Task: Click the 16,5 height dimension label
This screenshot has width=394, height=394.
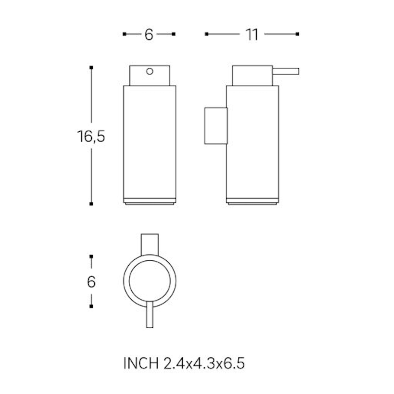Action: coord(91,137)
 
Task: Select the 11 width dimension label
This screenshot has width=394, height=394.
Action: coord(252,35)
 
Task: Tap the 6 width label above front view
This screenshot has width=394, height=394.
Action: coord(149,35)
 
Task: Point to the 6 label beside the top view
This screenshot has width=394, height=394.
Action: coord(91,282)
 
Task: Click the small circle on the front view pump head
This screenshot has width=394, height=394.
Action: coord(150,71)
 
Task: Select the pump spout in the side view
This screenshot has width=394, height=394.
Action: coord(286,71)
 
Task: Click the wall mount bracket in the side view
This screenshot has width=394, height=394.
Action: coord(216,126)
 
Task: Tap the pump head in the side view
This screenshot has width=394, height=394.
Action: coord(252,76)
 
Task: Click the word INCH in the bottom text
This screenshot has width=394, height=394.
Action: coord(141,363)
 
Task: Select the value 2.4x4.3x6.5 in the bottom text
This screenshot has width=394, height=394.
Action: coord(204,363)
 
